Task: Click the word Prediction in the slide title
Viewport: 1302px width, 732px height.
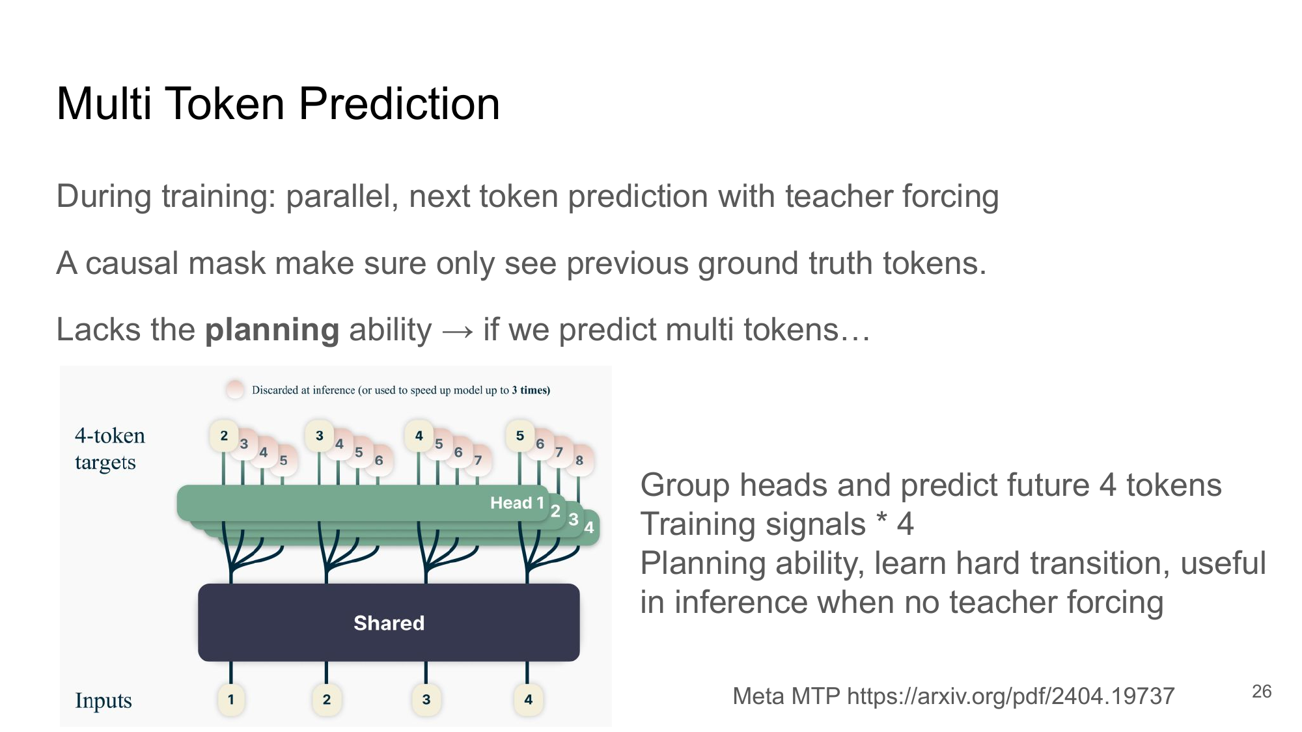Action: point(398,104)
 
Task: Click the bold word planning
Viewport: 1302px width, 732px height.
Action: point(271,330)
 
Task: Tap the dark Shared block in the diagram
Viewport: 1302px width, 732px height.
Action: point(389,623)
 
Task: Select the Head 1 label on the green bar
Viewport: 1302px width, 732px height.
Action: point(516,502)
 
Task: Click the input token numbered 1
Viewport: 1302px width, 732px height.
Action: point(230,699)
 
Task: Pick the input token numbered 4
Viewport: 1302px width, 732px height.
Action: point(528,699)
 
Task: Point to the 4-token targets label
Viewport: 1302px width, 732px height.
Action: point(109,448)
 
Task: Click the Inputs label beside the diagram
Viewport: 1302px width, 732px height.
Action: point(103,701)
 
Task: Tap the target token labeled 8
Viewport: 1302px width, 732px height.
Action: point(579,460)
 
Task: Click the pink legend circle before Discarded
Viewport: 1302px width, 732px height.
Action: point(234,389)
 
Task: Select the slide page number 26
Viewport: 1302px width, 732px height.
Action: point(1261,691)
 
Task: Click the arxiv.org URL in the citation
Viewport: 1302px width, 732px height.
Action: point(1010,696)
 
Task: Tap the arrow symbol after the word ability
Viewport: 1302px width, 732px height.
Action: point(458,331)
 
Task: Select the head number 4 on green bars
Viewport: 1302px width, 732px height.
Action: point(589,528)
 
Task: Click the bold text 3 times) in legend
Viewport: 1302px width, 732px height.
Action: point(531,390)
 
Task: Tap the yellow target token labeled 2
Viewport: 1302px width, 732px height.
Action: point(224,435)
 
